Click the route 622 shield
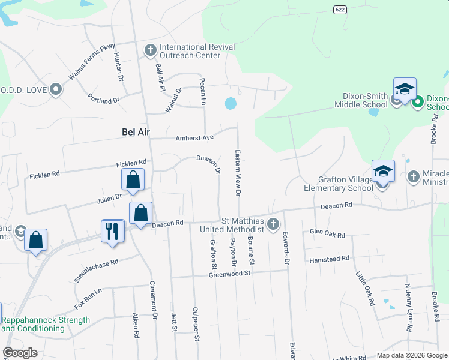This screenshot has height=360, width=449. (340, 9)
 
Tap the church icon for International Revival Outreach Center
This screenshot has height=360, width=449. (150, 50)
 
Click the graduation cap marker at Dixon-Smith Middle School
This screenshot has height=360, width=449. (405, 89)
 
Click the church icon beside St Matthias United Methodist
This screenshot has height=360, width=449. (274, 224)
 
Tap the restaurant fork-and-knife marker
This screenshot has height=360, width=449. (112, 231)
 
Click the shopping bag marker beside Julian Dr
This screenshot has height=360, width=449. (133, 179)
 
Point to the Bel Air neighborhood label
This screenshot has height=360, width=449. (136, 131)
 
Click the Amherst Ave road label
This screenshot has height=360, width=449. (194, 137)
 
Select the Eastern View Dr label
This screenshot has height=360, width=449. (238, 173)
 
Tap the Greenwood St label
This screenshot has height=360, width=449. (229, 274)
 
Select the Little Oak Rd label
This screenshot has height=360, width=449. (365, 288)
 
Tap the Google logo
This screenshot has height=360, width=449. (20, 353)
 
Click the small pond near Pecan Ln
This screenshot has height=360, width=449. (230, 104)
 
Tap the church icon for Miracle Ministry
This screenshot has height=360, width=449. (413, 177)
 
